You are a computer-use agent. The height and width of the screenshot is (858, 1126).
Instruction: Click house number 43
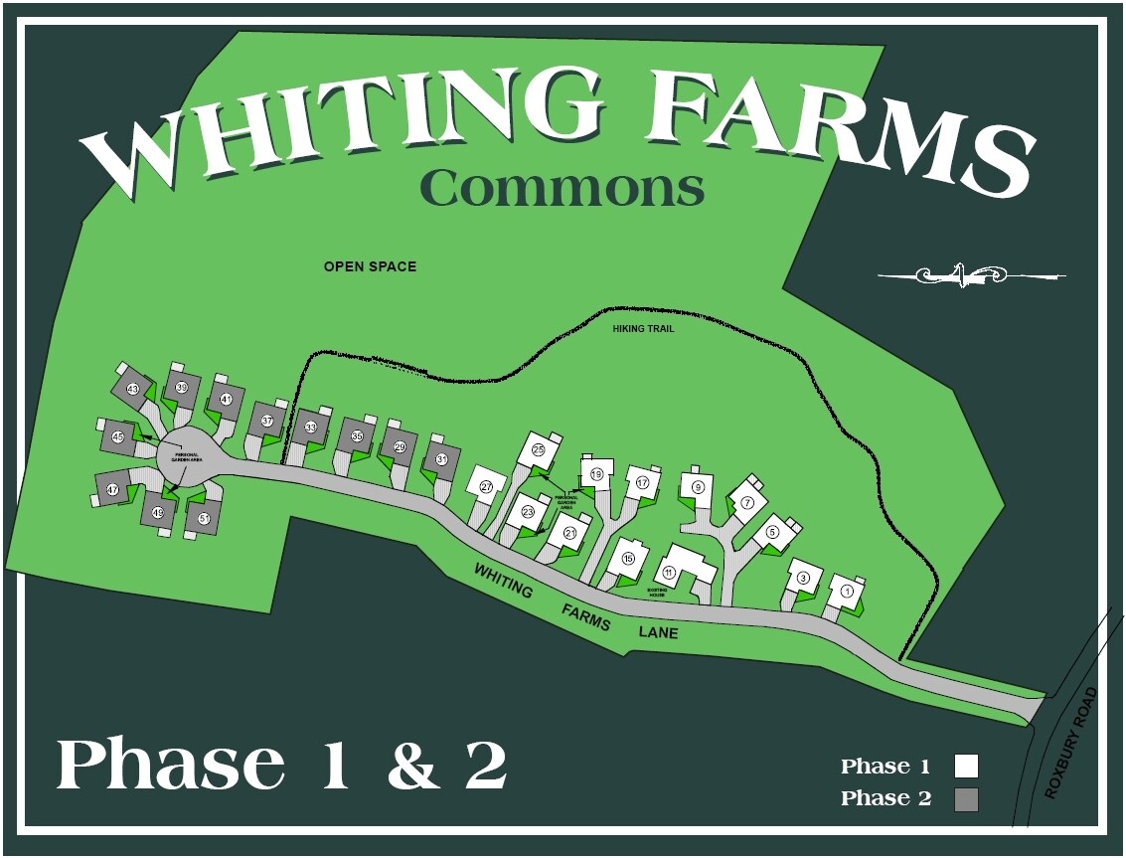132,389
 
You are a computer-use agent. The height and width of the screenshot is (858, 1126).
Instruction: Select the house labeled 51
204,518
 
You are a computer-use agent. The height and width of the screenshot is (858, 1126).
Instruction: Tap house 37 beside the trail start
266,421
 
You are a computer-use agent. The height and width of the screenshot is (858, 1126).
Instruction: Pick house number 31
441,459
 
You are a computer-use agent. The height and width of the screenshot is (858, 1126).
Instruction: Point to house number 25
539,449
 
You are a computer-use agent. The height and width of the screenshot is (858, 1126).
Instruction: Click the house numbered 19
596,474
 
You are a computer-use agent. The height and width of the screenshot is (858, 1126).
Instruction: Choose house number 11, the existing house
670,572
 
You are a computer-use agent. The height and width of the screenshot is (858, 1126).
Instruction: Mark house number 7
747,503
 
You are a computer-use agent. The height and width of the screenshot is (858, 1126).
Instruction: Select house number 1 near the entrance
847,591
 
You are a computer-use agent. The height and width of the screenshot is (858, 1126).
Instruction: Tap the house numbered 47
113,489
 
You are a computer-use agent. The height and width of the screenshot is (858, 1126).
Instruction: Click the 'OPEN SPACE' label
370,266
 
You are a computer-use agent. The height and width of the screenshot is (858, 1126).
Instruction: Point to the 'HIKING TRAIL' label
644,328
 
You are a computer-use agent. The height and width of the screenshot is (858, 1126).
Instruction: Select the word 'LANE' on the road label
659,630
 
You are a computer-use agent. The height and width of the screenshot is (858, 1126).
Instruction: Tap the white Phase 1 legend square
966,766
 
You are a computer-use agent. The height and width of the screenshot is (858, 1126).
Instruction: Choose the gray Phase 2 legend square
966,798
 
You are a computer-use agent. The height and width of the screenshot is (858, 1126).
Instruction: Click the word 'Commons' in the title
562,187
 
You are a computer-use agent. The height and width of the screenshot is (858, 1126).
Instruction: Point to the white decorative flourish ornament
970,274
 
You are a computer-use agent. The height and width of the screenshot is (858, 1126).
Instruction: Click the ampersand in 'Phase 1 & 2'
413,766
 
